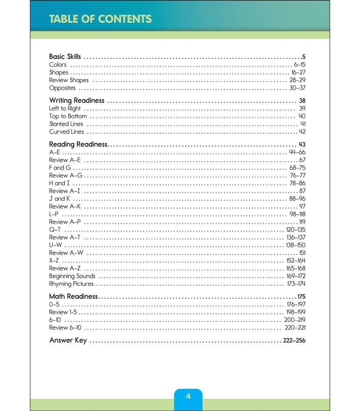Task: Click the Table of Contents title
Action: click(100, 19)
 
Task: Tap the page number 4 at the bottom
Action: click(188, 396)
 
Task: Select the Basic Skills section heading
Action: click(65, 57)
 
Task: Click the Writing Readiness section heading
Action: click(77, 100)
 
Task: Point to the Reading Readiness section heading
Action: click(78, 144)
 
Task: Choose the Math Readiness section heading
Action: click(73, 296)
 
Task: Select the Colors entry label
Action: click(58, 65)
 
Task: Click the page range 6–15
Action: click(300, 65)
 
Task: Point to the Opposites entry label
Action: click(62, 88)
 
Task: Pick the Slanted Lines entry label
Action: click(66, 124)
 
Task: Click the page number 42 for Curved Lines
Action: click(302, 132)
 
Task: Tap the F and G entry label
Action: click(60, 168)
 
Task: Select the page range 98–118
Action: click(297, 214)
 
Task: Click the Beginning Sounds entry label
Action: click(72, 276)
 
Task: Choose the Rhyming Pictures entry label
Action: click(71, 284)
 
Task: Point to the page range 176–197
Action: click(296, 305)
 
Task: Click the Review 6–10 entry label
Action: click(65, 328)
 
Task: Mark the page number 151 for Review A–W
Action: click(302, 253)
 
